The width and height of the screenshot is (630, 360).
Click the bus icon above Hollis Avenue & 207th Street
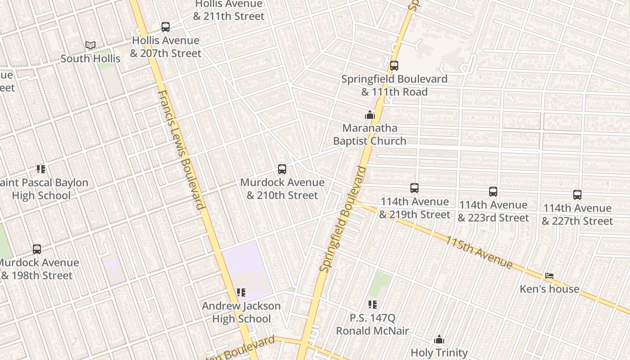click(166, 27)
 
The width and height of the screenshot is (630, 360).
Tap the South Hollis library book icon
click(90, 45)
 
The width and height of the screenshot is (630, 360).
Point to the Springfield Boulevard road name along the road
click(343, 219)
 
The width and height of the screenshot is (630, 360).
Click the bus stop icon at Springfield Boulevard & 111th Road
click(394, 66)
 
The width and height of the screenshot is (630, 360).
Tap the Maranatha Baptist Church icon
click(370, 115)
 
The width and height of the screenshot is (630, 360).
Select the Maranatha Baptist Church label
click(369, 135)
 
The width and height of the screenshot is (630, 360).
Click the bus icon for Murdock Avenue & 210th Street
click(282, 169)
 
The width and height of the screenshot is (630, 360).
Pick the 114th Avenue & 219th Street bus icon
click(414, 188)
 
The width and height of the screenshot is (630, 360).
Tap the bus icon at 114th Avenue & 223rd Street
click(493, 192)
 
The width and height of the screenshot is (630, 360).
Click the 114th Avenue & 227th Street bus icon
click(577, 195)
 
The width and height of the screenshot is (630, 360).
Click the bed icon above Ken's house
click(549, 276)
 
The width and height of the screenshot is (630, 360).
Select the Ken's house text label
click(549, 289)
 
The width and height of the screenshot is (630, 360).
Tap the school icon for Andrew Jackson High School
click(241, 293)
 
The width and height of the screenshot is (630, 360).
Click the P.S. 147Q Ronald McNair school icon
click(372, 305)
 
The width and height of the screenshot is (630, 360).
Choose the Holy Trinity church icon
click(439, 340)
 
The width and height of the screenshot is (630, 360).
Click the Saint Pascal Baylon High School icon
click(41, 169)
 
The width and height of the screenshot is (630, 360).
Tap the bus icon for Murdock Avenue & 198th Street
click(37, 249)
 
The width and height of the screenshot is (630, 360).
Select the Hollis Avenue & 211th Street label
click(229, 10)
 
